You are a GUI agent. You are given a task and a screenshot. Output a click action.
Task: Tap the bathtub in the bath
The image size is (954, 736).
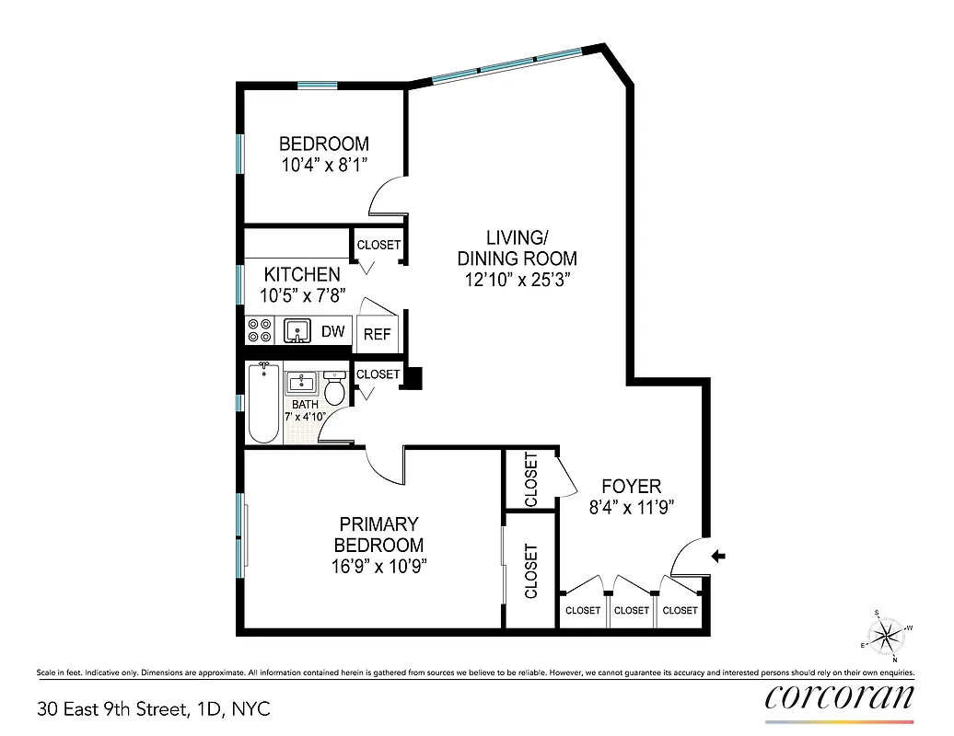pyautogui.click(x=263, y=403)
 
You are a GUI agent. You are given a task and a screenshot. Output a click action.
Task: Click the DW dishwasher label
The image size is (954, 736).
pyautogui.click(x=332, y=331)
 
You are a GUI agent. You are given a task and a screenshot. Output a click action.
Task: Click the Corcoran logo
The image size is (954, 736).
pyautogui.click(x=839, y=696)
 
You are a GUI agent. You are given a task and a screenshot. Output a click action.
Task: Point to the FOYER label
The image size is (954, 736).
pyautogui.click(x=632, y=486)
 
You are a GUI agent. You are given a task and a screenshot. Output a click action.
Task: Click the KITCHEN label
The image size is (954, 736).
pyautogui.click(x=302, y=274)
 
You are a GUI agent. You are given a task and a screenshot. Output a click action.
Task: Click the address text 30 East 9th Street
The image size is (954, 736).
pyautogui.click(x=154, y=709)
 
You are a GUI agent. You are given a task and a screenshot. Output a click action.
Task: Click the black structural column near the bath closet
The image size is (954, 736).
pyautogui.click(x=414, y=376)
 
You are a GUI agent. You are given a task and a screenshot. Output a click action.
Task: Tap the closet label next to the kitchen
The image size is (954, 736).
pyautogui.click(x=378, y=245)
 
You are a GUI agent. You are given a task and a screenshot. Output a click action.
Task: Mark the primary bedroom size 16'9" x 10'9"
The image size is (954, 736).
pyautogui.click(x=379, y=565)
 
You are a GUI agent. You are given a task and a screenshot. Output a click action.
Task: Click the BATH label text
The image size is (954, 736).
pyautogui.click(x=305, y=404)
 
